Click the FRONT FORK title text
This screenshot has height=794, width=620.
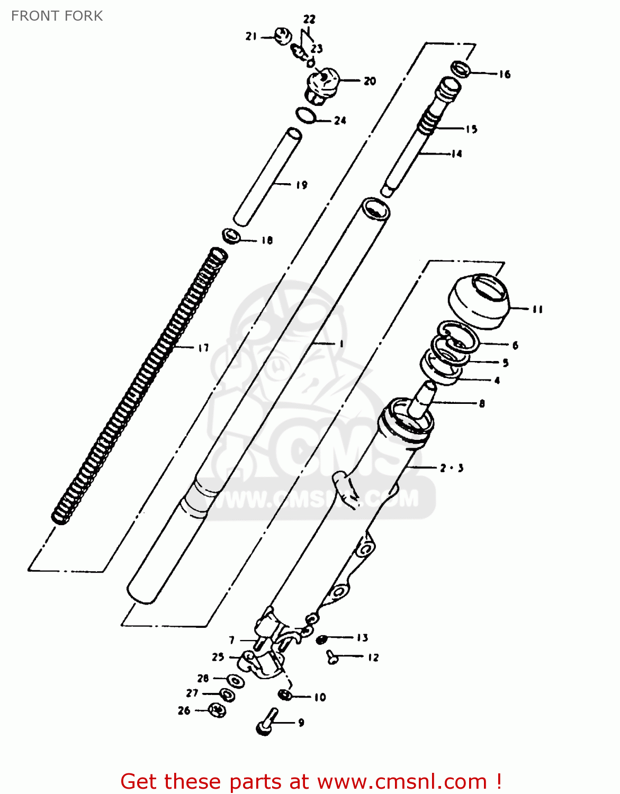click(57, 16)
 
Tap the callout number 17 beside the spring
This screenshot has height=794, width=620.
click(203, 348)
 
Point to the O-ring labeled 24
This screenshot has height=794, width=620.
click(306, 115)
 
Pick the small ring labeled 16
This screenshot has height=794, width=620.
click(461, 69)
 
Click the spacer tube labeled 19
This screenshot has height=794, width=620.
click(268, 177)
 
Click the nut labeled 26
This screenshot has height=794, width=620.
click(217, 710)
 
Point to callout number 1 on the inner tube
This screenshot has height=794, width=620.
click(342, 344)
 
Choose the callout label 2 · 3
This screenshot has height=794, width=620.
click(452, 468)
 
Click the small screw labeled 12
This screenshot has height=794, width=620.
click(333, 657)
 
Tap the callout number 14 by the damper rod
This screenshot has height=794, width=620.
click(456, 154)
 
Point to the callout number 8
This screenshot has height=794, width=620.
click(481, 403)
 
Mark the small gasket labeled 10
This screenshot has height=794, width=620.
click(285, 694)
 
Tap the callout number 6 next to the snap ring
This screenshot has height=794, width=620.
click(515, 345)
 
